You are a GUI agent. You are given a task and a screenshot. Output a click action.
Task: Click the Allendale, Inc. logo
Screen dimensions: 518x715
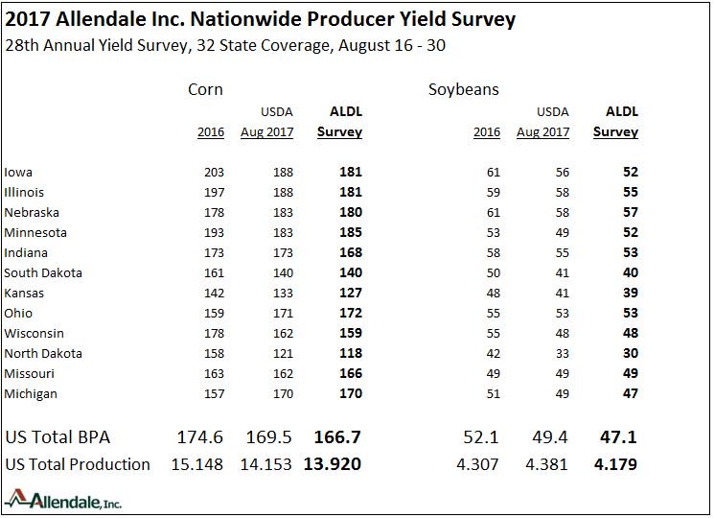63,500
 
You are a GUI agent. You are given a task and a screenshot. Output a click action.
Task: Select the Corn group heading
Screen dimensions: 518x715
205,89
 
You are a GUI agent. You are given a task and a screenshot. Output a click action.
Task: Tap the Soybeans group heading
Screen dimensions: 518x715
463,89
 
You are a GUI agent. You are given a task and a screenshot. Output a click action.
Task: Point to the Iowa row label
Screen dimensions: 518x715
18,173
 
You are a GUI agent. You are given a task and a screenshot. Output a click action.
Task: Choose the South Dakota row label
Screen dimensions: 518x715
43,273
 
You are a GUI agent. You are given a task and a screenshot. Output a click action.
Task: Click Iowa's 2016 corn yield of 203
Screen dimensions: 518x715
213,173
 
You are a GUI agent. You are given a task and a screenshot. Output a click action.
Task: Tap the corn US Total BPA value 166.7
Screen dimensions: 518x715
337,437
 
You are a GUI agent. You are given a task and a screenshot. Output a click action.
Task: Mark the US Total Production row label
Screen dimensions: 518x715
78,464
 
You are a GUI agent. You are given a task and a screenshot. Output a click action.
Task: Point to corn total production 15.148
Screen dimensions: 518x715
199,464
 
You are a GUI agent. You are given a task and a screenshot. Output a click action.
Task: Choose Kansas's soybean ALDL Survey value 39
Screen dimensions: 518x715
630,294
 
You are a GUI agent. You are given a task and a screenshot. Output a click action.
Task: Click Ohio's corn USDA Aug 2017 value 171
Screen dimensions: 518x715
282,314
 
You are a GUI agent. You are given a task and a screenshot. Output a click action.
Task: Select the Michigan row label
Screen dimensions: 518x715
31,394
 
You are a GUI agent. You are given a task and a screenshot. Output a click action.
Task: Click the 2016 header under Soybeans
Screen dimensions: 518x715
487,132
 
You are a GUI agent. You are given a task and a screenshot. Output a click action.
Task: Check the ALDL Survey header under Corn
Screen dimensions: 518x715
339,122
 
